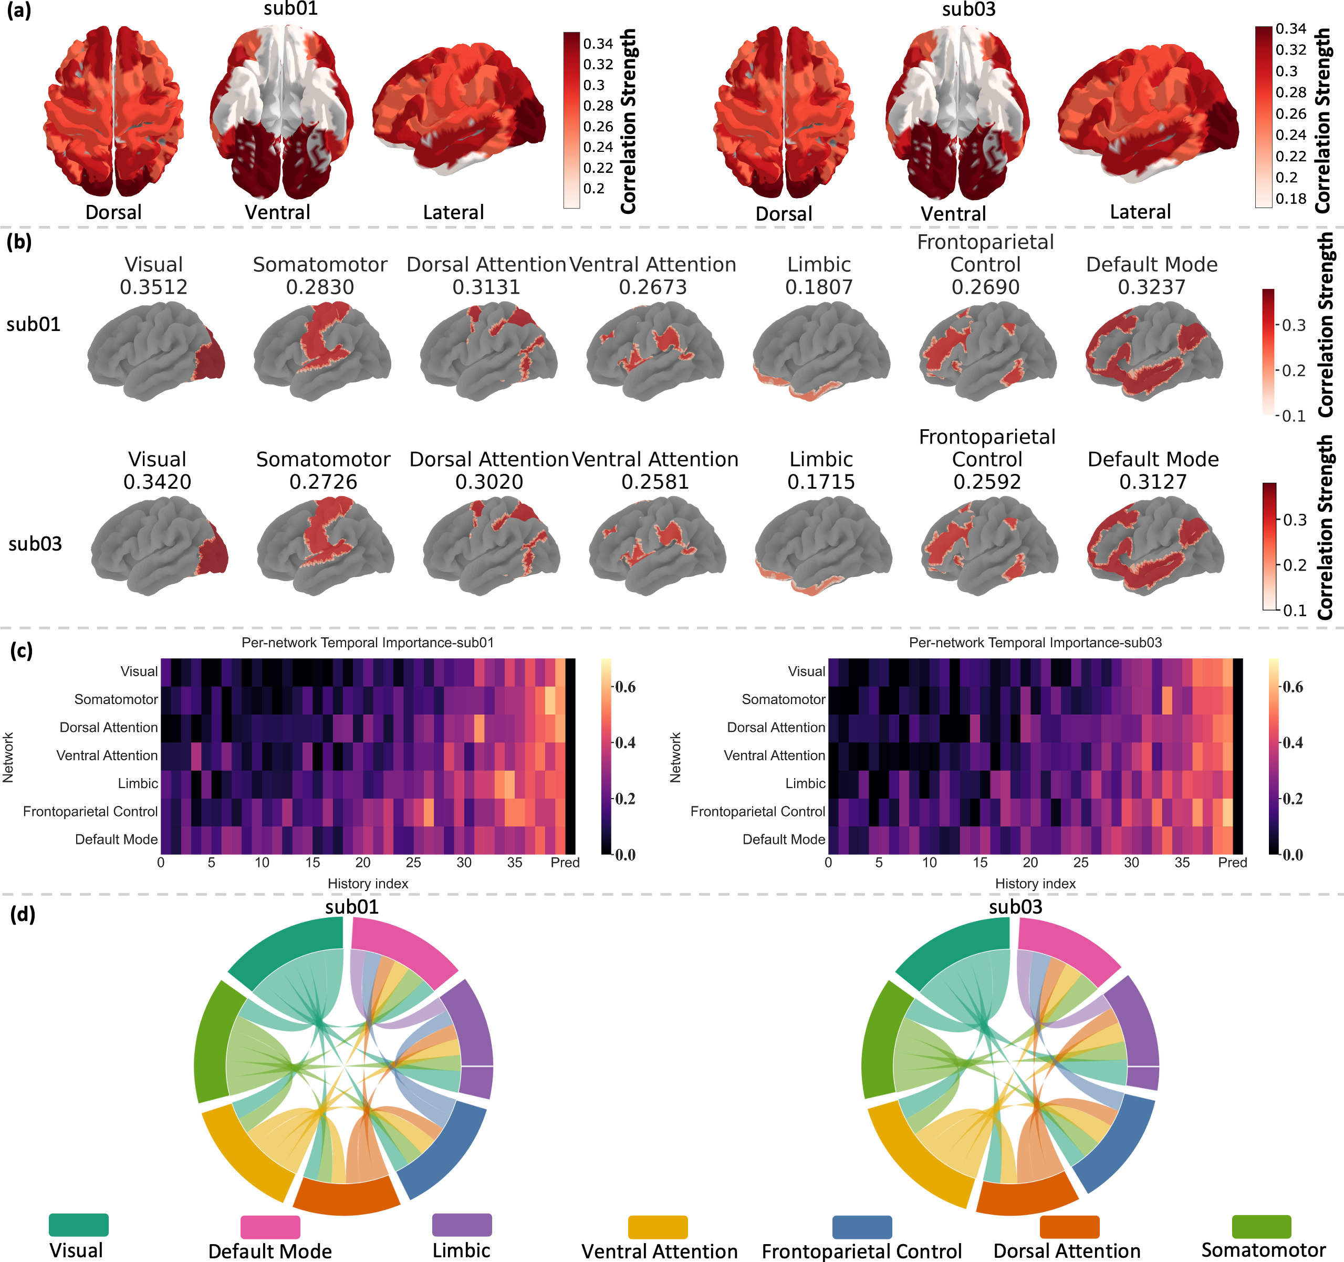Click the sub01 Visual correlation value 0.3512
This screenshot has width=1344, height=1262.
(x=153, y=287)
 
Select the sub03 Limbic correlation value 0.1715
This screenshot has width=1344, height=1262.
(x=821, y=482)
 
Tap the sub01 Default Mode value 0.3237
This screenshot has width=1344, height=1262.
(x=1151, y=287)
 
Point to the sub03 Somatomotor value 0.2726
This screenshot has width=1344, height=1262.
(x=323, y=482)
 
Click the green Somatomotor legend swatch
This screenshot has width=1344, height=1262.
(x=1262, y=1226)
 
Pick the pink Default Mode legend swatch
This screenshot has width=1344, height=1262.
(x=270, y=1227)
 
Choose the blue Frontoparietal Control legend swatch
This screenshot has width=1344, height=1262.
(x=862, y=1227)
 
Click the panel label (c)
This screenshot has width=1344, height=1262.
(x=21, y=650)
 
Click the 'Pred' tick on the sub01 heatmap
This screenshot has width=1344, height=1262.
(x=565, y=862)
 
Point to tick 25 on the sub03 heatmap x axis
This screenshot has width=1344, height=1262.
(x=1081, y=862)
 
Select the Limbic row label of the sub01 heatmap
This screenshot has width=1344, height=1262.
(x=138, y=783)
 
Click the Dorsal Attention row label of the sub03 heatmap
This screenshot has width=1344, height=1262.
(x=776, y=727)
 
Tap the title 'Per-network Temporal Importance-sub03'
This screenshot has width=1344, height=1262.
(x=1035, y=643)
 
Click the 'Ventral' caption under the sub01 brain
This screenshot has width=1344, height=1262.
(x=277, y=212)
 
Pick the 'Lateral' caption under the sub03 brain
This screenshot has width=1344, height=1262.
(x=1141, y=212)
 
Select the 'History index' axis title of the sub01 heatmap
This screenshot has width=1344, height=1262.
(x=368, y=883)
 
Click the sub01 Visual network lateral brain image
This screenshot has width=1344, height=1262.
(x=156, y=351)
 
